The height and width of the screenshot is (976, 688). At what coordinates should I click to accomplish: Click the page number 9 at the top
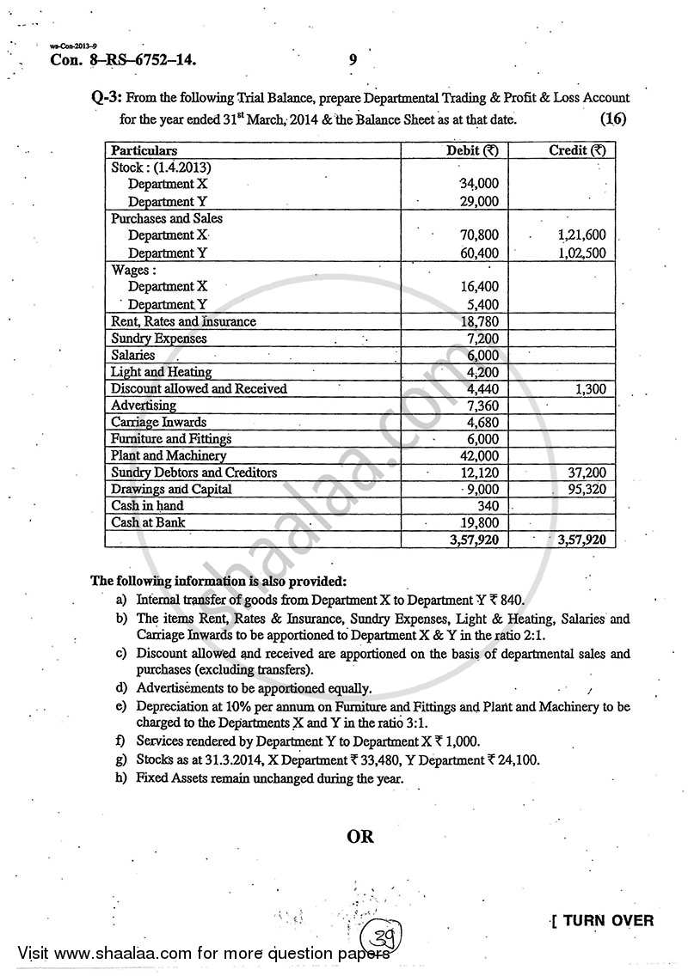coord(353,59)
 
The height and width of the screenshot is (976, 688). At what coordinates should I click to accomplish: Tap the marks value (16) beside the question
coord(615,118)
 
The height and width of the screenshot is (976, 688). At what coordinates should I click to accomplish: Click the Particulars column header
coord(144,150)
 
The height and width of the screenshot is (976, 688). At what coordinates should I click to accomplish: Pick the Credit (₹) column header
coord(577,150)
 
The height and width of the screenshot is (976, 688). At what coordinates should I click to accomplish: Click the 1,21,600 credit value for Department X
coord(581,235)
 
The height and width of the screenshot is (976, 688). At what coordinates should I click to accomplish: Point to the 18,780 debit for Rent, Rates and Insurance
coord(480,321)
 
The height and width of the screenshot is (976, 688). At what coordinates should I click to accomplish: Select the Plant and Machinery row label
coord(169,455)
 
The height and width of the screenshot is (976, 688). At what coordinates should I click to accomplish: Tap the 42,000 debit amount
coord(480,455)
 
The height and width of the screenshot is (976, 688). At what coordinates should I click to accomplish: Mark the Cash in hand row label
coord(147,506)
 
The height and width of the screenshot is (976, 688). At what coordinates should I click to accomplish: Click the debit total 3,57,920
coord(474,540)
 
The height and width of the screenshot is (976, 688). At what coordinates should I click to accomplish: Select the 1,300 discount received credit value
coord(590,388)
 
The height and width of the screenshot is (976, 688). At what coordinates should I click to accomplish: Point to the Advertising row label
coord(144,405)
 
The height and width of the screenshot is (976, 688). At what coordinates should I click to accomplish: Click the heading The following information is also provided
coord(219,581)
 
